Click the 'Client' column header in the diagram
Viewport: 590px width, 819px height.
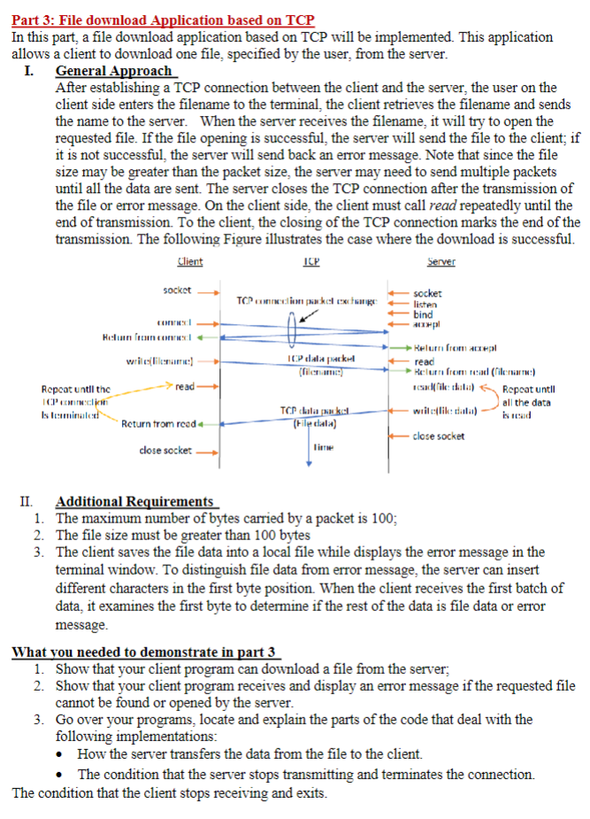[189, 262]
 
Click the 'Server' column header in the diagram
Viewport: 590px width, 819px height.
[440, 262]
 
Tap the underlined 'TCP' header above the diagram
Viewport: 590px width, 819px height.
[310, 262]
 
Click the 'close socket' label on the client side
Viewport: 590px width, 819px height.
[166, 451]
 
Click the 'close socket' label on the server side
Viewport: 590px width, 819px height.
[440, 436]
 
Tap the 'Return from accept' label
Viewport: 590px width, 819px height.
[459, 350]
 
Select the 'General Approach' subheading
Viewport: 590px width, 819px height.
[114, 71]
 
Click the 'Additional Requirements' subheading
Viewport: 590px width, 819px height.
[134, 501]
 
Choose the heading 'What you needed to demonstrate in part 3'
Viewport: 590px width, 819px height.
[143, 653]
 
